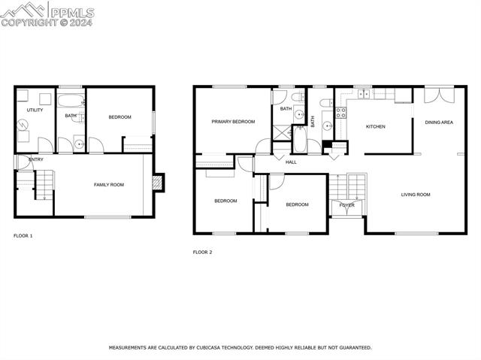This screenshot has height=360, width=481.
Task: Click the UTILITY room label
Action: [x=35, y=110]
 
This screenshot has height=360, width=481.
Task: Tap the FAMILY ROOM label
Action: [x=109, y=184]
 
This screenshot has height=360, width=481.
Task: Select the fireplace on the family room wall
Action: [x=158, y=182]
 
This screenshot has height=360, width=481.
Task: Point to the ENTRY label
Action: [x=35, y=159]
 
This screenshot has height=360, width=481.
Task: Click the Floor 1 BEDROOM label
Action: [x=119, y=116]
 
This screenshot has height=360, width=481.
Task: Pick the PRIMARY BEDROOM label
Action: [x=232, y=122]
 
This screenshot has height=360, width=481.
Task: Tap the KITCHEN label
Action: [x=375, y=126]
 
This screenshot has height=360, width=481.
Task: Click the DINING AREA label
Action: [x=438, y=122]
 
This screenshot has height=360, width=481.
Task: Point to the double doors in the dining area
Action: [x=438, y=95]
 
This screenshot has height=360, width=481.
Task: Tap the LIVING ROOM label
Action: [x=415, y=195]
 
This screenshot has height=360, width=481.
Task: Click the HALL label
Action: [x=291, y=162]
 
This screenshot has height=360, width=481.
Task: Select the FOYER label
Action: [x=346, y=204]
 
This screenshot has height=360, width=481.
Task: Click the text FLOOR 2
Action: [x=202, y=252]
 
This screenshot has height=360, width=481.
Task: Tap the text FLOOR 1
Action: [x=23, y=236]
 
